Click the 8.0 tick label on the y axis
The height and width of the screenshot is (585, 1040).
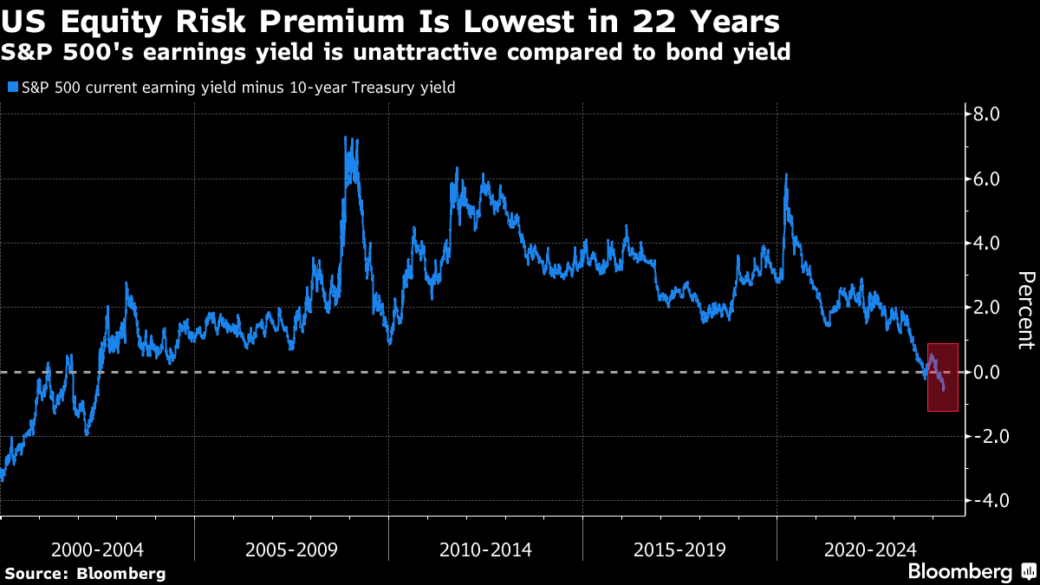(x=989, y=114)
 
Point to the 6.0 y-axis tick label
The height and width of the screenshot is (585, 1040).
(x=989, y=179)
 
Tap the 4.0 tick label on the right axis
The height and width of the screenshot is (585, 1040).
(x=989, y=243)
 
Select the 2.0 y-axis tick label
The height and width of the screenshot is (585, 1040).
(x=989, y=308)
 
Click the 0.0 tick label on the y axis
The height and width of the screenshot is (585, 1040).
(x=989, y=372)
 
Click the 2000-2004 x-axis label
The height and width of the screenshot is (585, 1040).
(x=97, y=549)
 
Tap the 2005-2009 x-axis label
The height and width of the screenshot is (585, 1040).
(x=291, y=549)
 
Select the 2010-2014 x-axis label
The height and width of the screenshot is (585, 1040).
(x=485, y=549)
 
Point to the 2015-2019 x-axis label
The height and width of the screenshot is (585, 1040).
(x=679, y=549)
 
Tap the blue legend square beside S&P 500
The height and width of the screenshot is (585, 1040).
(x=11, y=88)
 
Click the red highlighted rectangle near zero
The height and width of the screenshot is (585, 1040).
(x=942, y=377)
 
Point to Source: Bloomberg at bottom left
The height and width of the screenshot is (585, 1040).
(x=85, y=573)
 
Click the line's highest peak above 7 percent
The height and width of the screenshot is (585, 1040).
(x=346, y=137)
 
